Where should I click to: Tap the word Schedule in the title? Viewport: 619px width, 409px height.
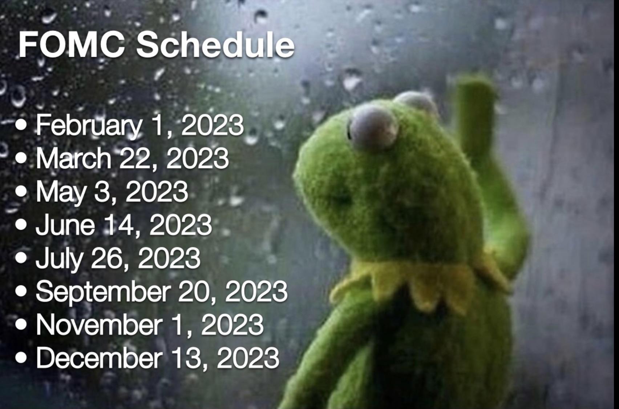215,44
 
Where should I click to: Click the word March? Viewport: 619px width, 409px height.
73,159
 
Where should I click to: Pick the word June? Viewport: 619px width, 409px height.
65,225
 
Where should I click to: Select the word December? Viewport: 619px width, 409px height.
99,358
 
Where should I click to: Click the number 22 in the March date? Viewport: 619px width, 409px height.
135,159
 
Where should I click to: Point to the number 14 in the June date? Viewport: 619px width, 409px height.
119,225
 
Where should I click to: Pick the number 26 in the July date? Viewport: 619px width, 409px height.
107,258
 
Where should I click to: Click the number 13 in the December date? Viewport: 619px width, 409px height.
188,358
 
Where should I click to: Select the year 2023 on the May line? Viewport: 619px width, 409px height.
157,191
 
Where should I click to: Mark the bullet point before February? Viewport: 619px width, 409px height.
21,124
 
